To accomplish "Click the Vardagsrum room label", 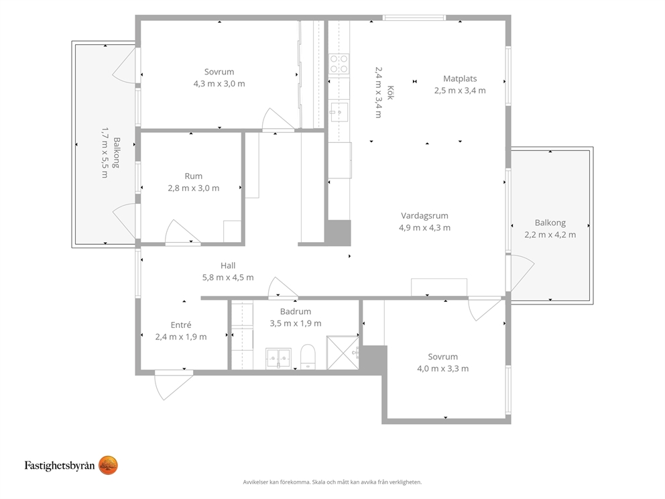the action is [x=424, y=215].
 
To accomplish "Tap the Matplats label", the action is [x=460, y=78].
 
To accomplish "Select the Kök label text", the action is [x=390, y=93].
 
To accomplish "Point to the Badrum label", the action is [x=296, y=311].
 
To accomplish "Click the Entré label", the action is [x=181, y=325].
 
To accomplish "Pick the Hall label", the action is [x=228, y=266].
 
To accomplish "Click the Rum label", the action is [x=193, y=176].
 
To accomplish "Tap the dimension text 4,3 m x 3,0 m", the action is [x=219, y=84].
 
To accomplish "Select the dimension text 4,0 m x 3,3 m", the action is [x=442, y=369].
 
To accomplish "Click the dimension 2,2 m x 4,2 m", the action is [x=550, y=235].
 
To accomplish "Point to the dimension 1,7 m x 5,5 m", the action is [x=105, y=152].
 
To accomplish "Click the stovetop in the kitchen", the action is [x=339, y=64].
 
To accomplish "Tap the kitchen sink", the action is [x=339, y=112].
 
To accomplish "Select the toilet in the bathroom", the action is [x=308, y=357].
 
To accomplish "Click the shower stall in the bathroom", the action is [x=343, y=353].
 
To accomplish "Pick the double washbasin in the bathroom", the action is [x=279, y=359].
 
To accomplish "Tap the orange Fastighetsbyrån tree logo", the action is [x=108, y=465].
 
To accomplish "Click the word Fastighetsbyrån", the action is [x=60, y=465].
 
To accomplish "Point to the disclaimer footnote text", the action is [x=332, y=482].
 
